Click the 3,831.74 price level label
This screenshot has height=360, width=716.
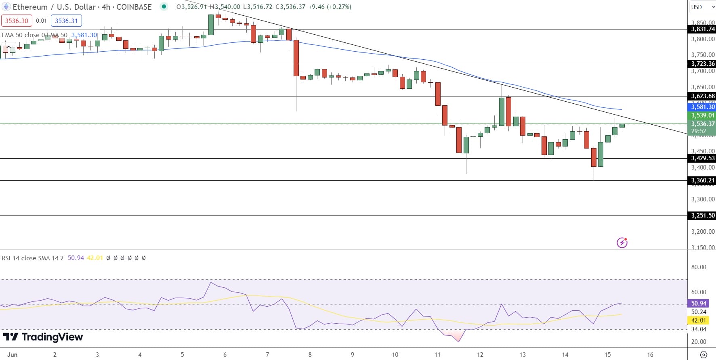pyautogui.click(x=702, y=29)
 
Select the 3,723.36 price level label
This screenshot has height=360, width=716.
pyautogui.click(x=702, y=64)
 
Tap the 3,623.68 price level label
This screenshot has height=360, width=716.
pyautogui.click(x=702, y=96)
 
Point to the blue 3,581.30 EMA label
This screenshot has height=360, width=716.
pyautogui.click(x=702, y=107)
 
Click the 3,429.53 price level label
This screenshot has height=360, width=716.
pyautogui.click(x=702, y=158)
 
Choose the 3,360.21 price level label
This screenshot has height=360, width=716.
pyautogui.click(x=702, y=180)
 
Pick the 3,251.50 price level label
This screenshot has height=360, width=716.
pyautogui.click(x=702, y=216)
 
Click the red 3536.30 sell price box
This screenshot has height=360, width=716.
pyautogui.click(x=17, y=21)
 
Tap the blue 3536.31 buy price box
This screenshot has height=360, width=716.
pyautogui.click(x=66, y=21)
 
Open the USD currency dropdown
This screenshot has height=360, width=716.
pyautogui.click(x=701, y=7)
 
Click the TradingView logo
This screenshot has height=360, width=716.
pyautogui.click(x=43, y=337)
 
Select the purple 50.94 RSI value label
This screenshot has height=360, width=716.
pyautogui.click(x=699, y=303)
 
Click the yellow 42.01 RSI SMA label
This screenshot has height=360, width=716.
pyautogui.click(x=699, y=320)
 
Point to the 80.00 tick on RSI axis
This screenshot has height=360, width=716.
pyautogui.click(x=699, y=267)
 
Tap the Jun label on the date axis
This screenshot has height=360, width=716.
pyautogui.click(x=13, y=355)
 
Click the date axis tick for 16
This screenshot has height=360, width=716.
pyautogui.click(x=650, y=355)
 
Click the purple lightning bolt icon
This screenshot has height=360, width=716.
pyautogui.click(x=622, y=243)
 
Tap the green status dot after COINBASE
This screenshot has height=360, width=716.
pyautogui.click(x=164, y=6)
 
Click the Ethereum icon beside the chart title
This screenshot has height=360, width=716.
pyautogui.click(x=6, y=7)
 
